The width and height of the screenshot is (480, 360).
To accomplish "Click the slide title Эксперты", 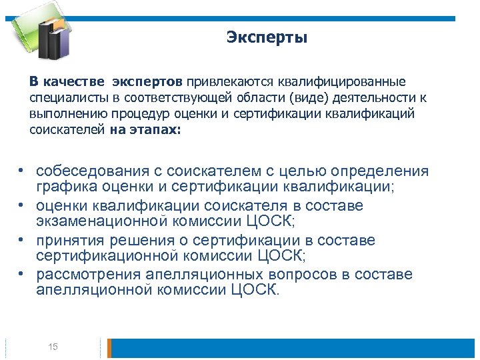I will coord(267,37).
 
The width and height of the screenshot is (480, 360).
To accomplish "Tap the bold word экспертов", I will coord(147,82).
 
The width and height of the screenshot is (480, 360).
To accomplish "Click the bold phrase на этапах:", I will coord(145,130).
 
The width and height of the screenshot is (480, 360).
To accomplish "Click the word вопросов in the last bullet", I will coord(307,274).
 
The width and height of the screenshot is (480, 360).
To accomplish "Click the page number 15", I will coord(53,347).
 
